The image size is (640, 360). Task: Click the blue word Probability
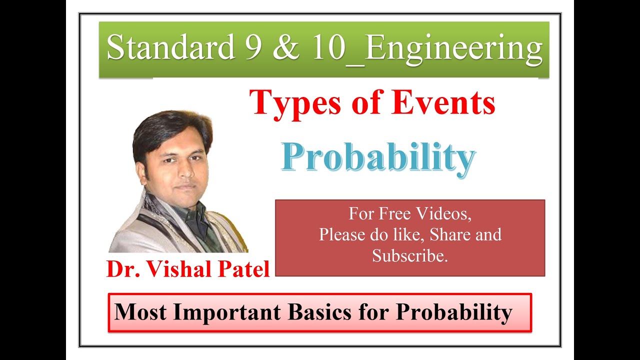[x=378, y=158]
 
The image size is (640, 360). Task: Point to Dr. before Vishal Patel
[x=120, y=269]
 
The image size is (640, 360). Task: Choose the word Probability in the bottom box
[x=454, y=312]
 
